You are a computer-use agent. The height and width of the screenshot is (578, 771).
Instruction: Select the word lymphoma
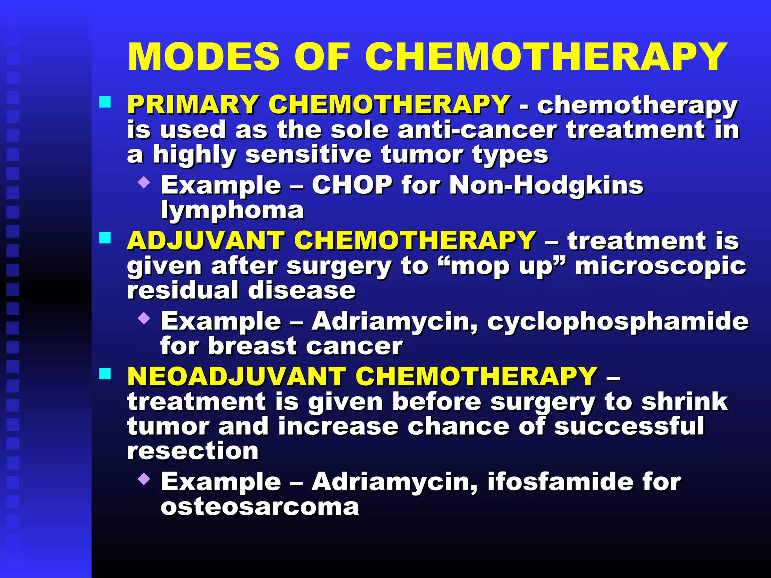coord(232,210)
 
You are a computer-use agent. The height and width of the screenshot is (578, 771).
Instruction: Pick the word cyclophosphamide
coord(618,322)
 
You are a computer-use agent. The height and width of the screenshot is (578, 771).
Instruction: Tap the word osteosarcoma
coord(260,507)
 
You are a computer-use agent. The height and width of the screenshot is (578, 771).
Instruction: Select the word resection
coord(193,451)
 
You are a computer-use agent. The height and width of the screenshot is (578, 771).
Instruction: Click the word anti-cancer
coord(477,130)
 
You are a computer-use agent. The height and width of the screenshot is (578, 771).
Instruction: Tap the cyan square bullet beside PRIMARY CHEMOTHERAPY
coord(105,102)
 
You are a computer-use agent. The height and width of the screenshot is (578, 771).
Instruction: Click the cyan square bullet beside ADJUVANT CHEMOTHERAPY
coord(105,238)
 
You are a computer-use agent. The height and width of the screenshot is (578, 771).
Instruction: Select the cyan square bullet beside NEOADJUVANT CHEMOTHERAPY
coord(105,374)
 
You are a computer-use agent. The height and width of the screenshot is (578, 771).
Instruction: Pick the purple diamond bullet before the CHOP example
coord(144,183)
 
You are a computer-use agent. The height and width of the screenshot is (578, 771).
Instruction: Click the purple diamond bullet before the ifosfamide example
coord(144,479)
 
